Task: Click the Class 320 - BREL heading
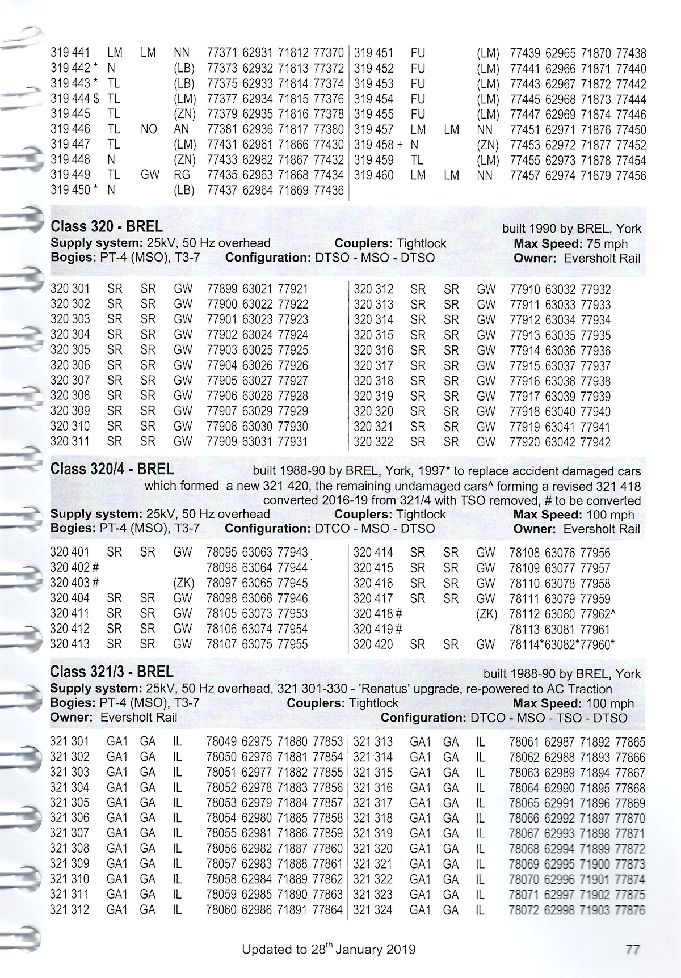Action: pos(107,227)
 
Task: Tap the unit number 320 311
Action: pos(70,441)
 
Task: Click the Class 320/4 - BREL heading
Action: pos(112,469)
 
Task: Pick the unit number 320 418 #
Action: pos(378,614)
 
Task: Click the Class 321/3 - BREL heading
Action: pos(112,672)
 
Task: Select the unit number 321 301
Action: pos(70,742)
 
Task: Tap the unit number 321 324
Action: pos(373,910)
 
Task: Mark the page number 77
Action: pos(633,950)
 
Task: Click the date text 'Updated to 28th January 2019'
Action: pos(329,949)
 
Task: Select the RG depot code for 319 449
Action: pos(182,175)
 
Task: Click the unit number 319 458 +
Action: pos(378,145)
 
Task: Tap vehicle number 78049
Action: pos(221,742)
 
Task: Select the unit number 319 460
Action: pos(373,175)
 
